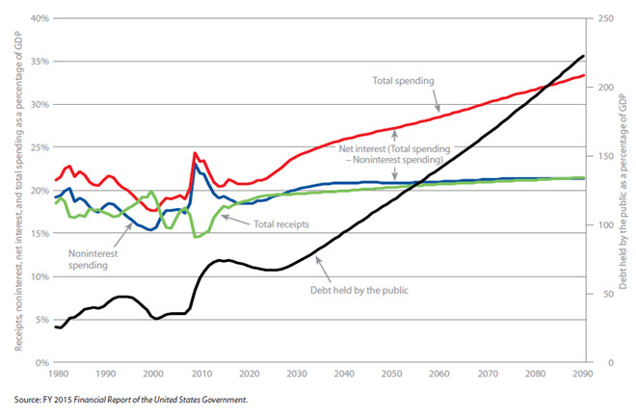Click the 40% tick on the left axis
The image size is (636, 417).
[x=39, y=18]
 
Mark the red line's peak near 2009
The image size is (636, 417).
[x=196, y=153]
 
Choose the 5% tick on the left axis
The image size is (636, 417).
[x=42, y=320]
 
